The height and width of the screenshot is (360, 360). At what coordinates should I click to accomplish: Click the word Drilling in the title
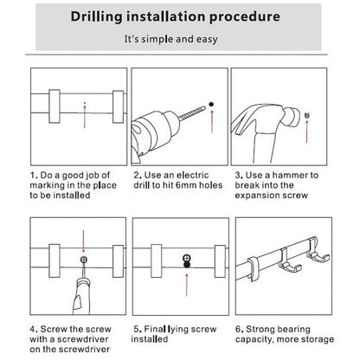pos(97,16)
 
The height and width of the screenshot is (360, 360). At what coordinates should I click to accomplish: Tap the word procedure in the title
pos(245,17)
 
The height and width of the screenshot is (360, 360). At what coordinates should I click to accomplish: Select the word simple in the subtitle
pos(157,39)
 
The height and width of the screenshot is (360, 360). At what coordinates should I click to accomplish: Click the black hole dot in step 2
pos(211,104)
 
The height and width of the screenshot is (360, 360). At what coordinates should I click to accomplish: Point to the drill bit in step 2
pos(192,112)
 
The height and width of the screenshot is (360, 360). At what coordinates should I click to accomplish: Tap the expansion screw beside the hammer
pos(307,116)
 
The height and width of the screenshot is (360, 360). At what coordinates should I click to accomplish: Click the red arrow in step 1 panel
pos(85,117)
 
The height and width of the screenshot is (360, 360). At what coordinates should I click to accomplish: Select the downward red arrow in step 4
pos(83,241)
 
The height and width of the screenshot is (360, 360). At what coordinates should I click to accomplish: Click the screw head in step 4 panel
pos(84,260)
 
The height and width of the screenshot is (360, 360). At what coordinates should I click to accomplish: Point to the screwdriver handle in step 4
pos(81,297)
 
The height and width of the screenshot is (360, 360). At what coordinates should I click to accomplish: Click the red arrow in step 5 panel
pos(187,285)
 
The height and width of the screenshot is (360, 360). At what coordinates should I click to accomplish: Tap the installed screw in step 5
pos(187,260)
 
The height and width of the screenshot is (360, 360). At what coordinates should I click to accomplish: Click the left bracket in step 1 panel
pos(55,106)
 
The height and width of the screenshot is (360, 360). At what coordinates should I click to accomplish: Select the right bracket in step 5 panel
pos(220,261)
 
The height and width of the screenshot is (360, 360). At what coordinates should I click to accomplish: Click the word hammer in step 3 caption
pos(290,175)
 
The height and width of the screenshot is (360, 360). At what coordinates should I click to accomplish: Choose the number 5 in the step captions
pos(137,329)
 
